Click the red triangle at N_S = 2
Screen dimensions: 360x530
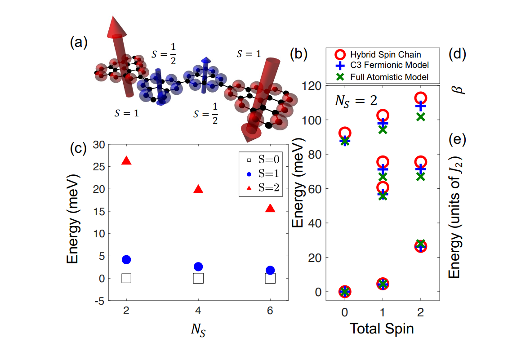(x=126, y=161)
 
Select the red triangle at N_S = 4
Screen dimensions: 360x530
(x=198, y=189)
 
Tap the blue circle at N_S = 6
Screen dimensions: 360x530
(x=270, y=270)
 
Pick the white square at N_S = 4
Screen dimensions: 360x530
(x=198, y=278)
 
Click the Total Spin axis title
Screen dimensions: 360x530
(x=382, y=329)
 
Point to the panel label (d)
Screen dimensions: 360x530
(x=458, y=54)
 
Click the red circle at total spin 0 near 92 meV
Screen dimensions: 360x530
(x=345, y=133)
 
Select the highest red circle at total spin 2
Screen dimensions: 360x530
(x=420, y=98)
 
